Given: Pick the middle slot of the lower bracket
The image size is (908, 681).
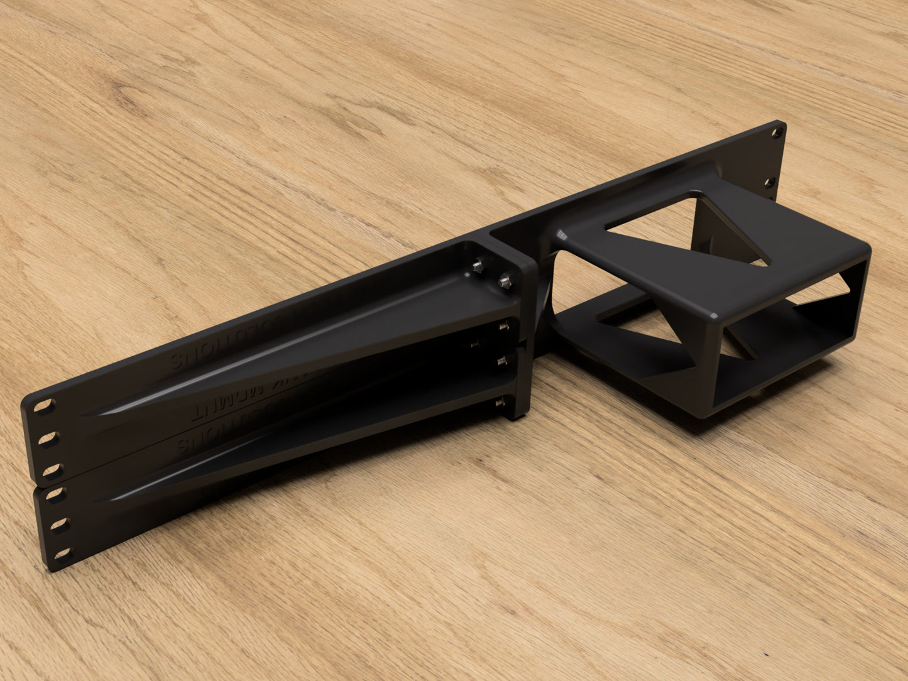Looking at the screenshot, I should tap(61, 523).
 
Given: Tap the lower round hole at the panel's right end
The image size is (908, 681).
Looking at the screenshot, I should tap(768, 183).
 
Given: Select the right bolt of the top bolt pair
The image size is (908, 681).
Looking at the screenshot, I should tap(503, 280).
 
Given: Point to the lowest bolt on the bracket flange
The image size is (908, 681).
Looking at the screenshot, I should tap(500, 403).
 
